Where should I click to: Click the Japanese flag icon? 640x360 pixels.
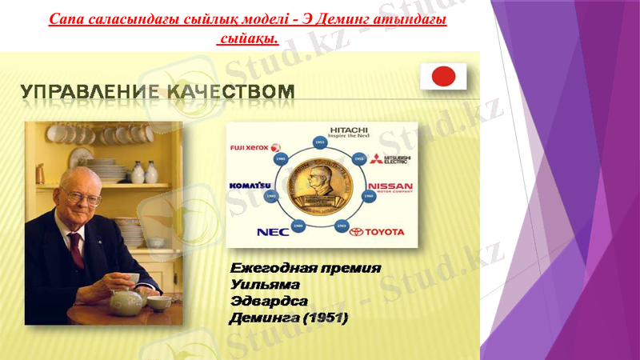(443, 77)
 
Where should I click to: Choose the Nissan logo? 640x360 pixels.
(390, 190)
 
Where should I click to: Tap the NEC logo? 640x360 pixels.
(272, 232)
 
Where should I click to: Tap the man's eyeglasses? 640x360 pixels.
(82, 194)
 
